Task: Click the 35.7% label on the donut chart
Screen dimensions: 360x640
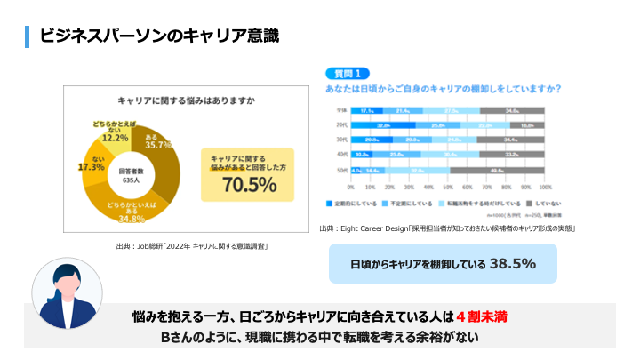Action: click(159, 144)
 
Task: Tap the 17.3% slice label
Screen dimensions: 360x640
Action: click(92, 166)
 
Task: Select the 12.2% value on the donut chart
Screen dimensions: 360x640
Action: click(116, 137)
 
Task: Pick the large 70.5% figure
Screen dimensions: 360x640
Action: click(249, 184)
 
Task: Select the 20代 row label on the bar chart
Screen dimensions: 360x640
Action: click(340, 125)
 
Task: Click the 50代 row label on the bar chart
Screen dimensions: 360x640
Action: click(340, 169)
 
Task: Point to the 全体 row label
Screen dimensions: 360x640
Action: click(340, 110)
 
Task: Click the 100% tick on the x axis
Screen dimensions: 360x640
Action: click(545, 188)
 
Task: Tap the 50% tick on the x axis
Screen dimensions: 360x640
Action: click(448, 188)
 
